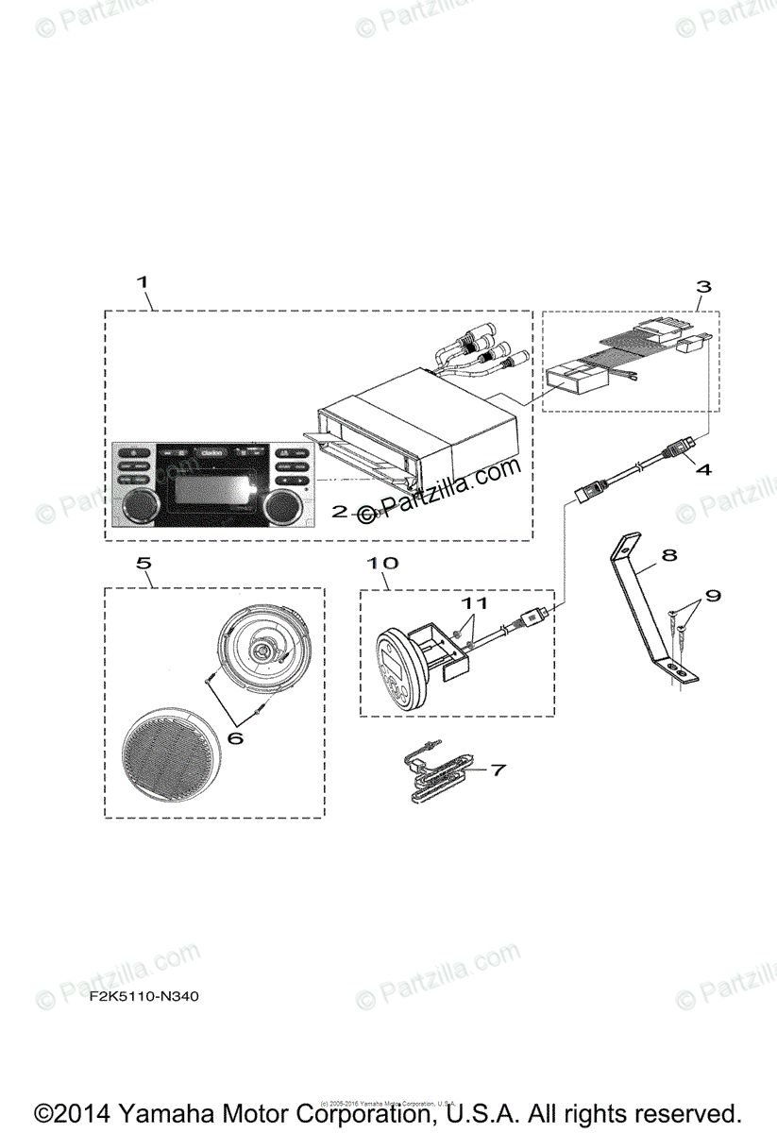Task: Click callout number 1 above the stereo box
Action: (143, 281)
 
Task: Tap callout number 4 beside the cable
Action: (703, 466)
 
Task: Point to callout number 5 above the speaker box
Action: (143, 564)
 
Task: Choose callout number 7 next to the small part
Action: (498, 769)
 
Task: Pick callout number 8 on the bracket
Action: (668, 555)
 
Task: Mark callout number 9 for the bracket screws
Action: (713, 596)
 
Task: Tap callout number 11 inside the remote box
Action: (474, 601)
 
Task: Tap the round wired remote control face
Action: (394, 669)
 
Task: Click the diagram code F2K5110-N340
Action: (144, 996)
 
